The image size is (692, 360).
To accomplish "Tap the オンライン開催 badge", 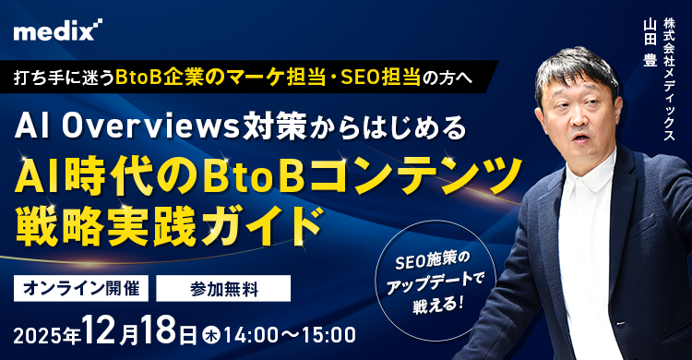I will [80, 287].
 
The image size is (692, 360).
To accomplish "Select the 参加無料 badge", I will [224, 288].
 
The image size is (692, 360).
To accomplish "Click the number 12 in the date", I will [99, 330].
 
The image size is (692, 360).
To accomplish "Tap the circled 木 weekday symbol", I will [210, 332].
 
